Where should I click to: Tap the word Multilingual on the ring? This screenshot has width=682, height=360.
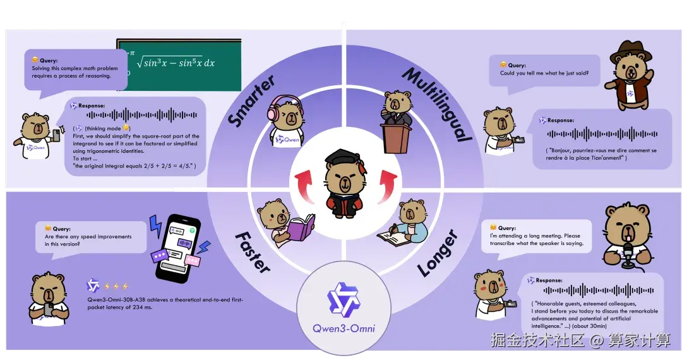436,104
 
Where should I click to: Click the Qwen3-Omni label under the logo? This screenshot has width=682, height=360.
344,328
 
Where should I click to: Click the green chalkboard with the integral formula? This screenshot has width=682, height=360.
179,64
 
